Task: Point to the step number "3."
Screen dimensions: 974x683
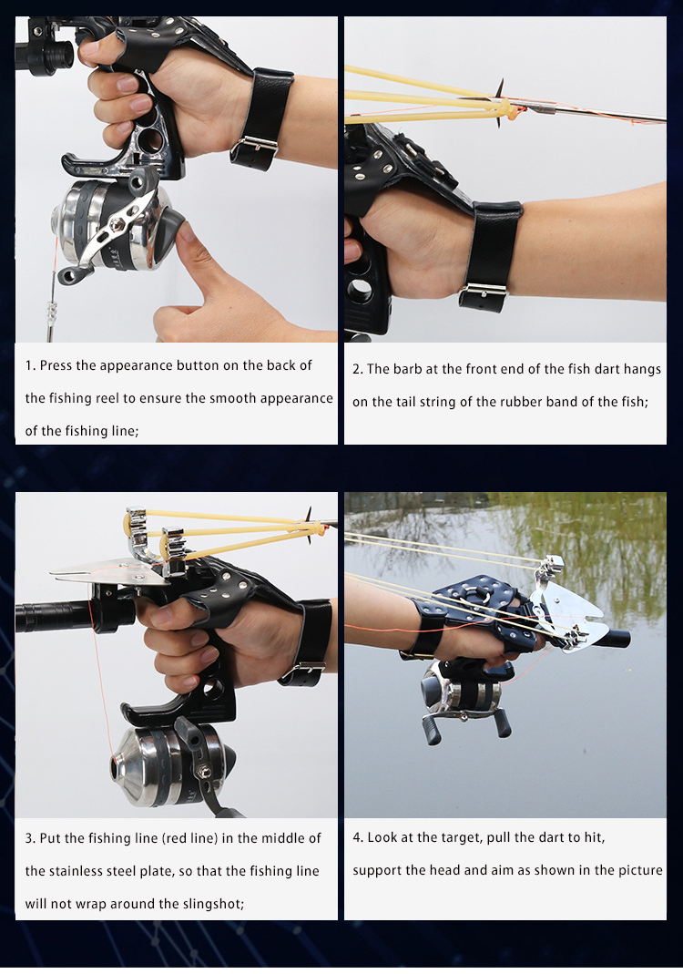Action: click(30, 838)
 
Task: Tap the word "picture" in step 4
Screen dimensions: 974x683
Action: click(637, 870)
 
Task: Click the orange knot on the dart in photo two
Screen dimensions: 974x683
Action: click(517, 113)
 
